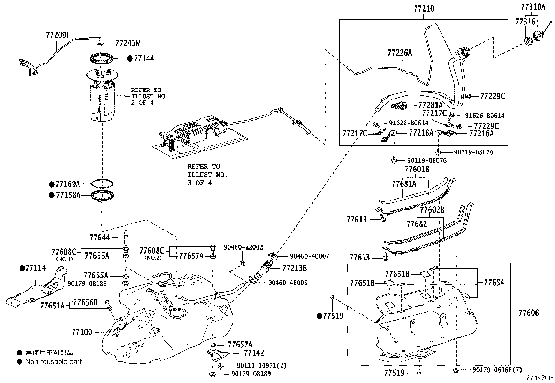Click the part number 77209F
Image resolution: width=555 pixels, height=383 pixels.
click(x=58, y=35)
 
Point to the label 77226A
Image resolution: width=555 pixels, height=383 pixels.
click(x=400, y=53)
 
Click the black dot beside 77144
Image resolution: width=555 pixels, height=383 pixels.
click(x=130, y=59)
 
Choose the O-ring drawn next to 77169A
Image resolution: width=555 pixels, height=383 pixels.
click(x=102, y=183)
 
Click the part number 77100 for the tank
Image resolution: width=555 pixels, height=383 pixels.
click(x=82, y=332)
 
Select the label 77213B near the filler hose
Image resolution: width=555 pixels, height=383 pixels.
click(x=295, y=268)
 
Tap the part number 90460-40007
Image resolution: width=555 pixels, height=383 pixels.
click(x=310, y=256)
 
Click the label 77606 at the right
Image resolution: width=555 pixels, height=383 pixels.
click(x=529, y=313)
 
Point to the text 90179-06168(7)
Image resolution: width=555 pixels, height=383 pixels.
click(x=497, y=370)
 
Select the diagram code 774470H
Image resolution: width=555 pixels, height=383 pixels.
click(x=540, y=377)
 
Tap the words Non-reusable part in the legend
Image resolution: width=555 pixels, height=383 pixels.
click(x=53, y=362)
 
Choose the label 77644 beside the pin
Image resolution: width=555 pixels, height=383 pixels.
click(x=100, y=238)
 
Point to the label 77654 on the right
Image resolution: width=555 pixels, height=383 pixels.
click(x=494, y=283)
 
